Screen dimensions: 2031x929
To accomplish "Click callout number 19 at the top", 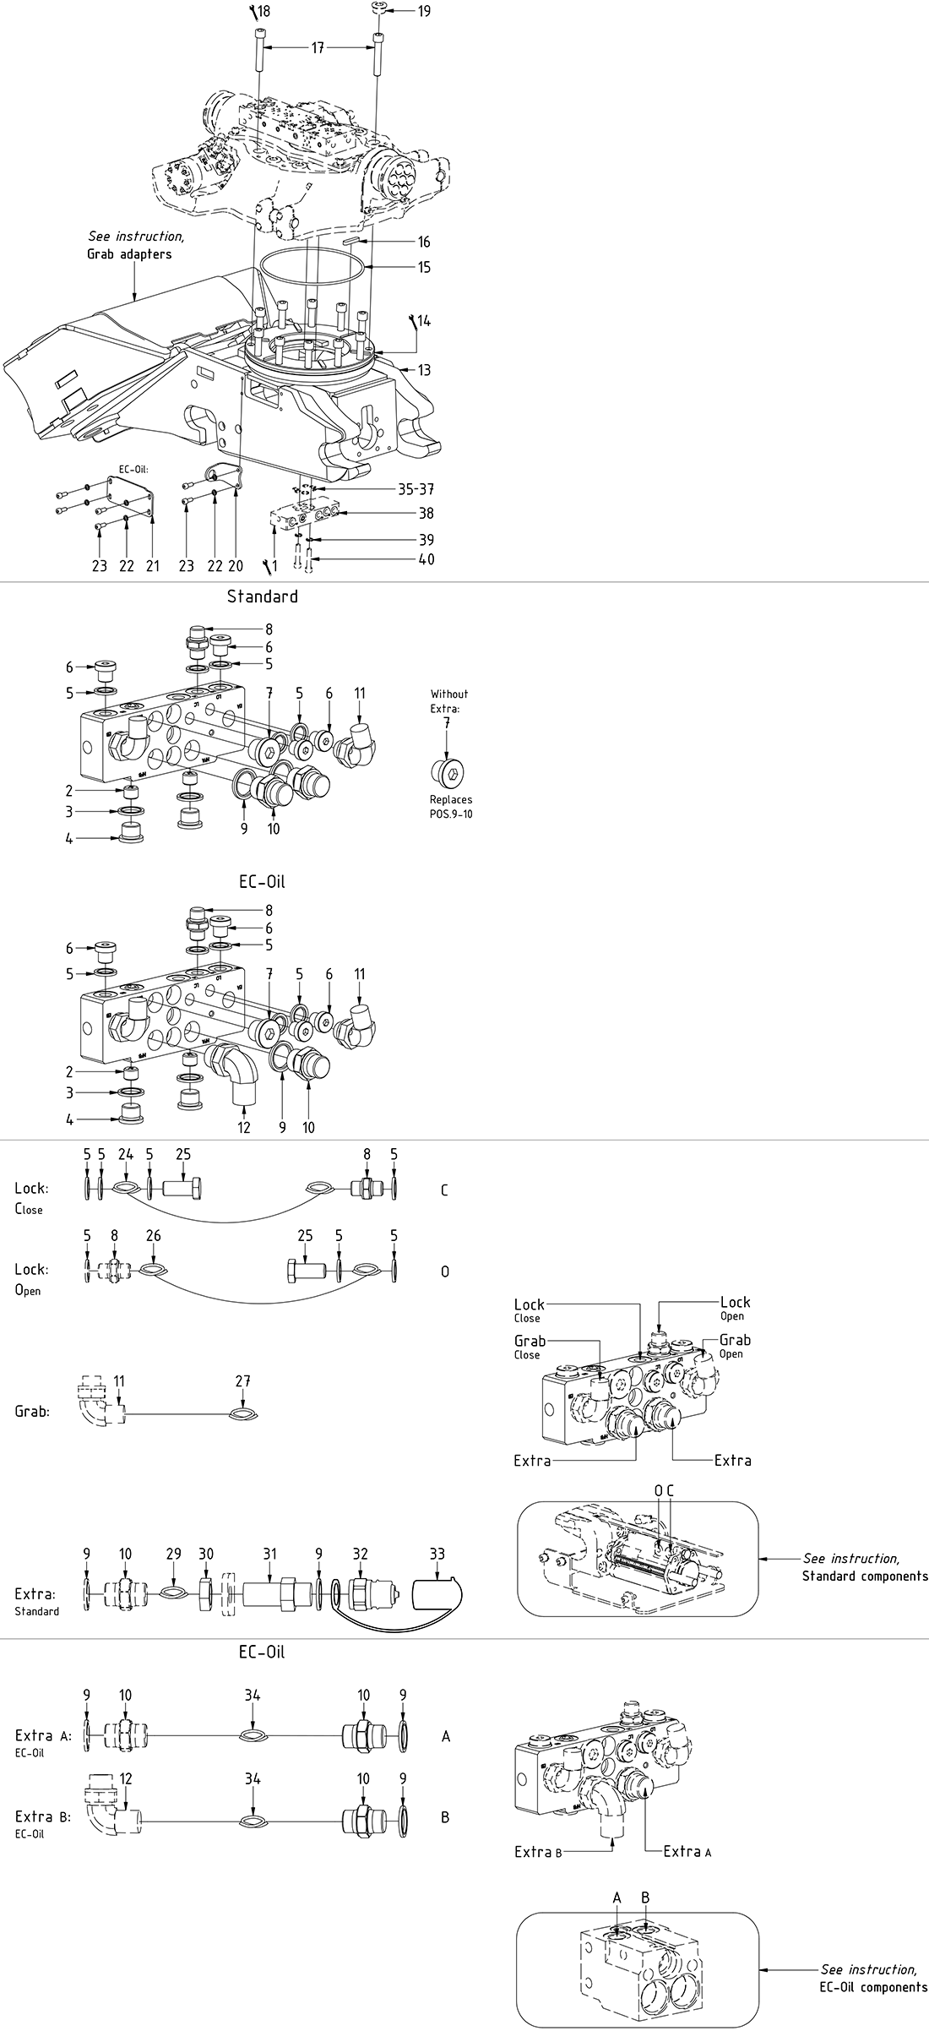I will [x=424, y=11].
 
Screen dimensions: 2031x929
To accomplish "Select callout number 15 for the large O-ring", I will [x=424, y=267].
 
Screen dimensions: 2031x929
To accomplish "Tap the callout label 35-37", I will [x=416, y=489].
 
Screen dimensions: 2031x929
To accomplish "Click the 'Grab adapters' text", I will [x=129, y=253].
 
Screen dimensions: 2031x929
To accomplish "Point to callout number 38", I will [x=426, y=513].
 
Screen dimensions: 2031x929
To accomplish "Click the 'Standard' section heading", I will [x=262, y=596].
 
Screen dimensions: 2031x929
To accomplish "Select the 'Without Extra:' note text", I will [x=448, y=700].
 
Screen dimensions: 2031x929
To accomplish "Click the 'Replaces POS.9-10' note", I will [x=450, y=805].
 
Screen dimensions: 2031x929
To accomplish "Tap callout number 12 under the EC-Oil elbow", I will [x=244, y=1127].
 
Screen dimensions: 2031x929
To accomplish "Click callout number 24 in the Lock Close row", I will [x=126, y=1154].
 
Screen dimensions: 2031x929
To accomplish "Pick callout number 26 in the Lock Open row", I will [x=153, y=1235].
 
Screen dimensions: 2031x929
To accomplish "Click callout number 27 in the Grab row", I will [x=243, y=1380].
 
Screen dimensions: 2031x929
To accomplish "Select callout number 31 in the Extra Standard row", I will [x=269, y=1553].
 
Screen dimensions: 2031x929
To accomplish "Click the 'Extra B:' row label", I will [x=42, y=1817].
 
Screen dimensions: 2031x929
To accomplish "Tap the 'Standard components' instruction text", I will [x=865, y=1576].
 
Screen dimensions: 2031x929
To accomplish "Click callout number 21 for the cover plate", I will [x=153, y=566].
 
